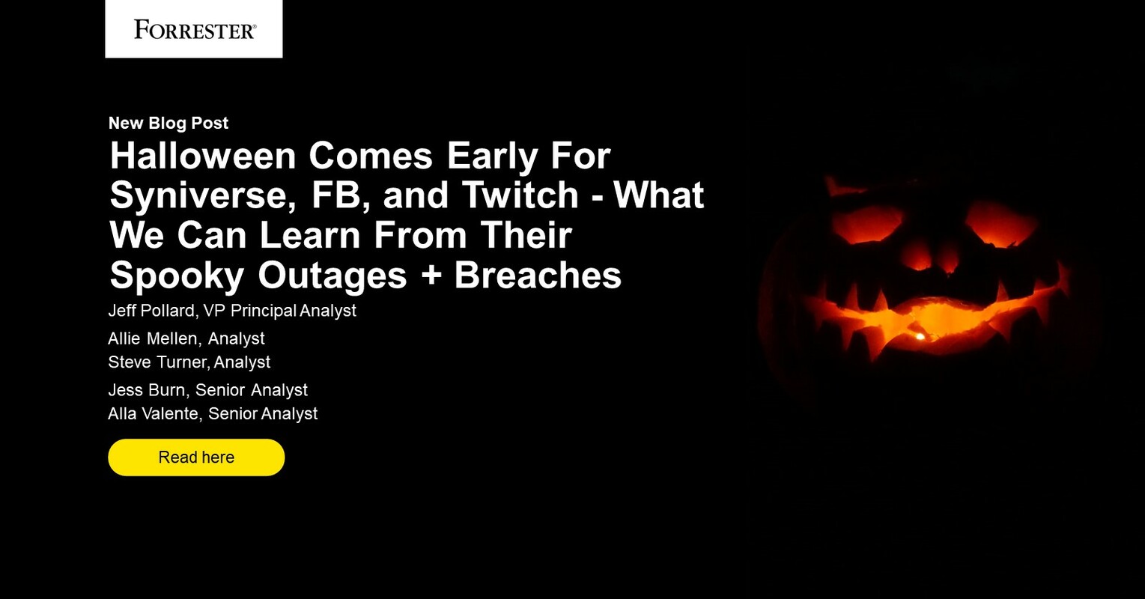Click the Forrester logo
tap(194, 29)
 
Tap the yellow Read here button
tap(196, 457)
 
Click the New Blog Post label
tap(168, 123)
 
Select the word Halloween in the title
tap(203, 156)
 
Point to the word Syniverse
tap(197, 195)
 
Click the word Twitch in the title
tap(520, 195)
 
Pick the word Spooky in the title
tap(176, 275)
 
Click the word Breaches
tap(538, 275)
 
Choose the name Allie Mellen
tap(152, 338)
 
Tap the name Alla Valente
tap(154, 413)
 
